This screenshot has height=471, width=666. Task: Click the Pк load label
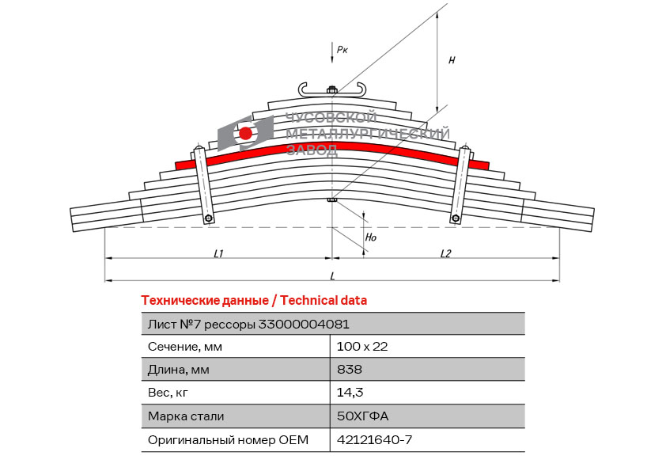[342, 50]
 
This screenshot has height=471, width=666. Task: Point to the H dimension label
[452, 60]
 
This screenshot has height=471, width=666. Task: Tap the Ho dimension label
[371, 237]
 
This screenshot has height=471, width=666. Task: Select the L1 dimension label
[218, 254]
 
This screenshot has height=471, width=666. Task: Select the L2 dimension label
[445, 254]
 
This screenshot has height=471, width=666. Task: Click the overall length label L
[332, 276]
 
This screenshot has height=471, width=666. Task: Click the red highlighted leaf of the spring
[332, 154]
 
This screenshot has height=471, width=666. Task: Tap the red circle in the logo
[245, 134]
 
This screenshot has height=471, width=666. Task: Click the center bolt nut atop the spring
[331, 89]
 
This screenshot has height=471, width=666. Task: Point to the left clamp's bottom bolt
[209, 218]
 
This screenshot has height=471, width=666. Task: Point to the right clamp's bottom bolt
[456, 218]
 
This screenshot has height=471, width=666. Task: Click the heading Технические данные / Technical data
[254, 301]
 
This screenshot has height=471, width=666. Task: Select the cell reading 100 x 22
[362, 347]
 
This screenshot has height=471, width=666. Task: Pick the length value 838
[350, 369]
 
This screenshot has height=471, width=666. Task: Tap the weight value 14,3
[350, 393]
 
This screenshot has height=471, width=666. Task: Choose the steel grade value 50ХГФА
[363, 416]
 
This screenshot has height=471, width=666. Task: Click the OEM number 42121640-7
[375, 439]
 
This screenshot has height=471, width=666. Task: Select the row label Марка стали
[186, 416]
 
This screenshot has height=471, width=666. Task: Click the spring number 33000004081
[304, 325]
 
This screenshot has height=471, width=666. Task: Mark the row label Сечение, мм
[185, 347]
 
